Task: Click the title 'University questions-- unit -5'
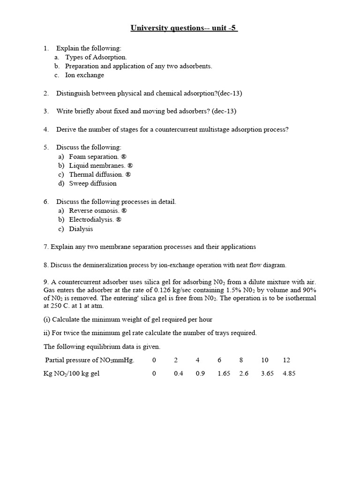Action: pyautogui.click(x=184, y=28)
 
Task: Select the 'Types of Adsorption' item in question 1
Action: pyautogui.click(x=96, y=57)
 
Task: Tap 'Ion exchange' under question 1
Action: pyautogui.click(x=85, y=75)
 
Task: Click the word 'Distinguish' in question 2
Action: pyautogui.click(x=73, y=93)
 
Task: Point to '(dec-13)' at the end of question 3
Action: pyautogui.click(x=224, y=111)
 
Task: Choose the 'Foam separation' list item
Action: pyautogui.click(x=94, y=157)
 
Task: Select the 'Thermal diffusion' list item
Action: pyautogui.click(x=96, y=174)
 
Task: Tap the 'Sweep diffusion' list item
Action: pyautogui.click(x=93, y=183)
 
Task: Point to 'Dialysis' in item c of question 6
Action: pyautogui.click(x=81, y=229)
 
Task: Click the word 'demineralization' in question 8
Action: pyautogui.click(x=106, y=265)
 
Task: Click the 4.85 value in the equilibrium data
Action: pyautogui.click(x=289, y=374)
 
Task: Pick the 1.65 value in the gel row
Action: pyautogui.click(x=224, y=374)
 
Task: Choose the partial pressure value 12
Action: pyautogui.click(x=287, y=360)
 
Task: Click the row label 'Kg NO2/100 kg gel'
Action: pyautogui.click(x=72, y=374)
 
